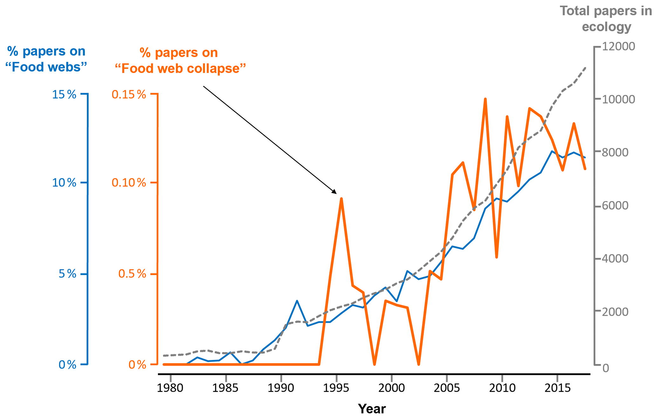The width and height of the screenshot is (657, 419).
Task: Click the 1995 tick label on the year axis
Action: coord(336,388)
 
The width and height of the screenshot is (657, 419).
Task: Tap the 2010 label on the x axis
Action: coord(502,388)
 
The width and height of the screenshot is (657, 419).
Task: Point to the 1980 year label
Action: coord(170,388)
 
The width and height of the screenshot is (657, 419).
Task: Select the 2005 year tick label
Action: coord(447,388)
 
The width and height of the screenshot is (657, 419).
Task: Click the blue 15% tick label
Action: coord(64,94)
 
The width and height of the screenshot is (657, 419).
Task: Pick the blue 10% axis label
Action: coord(64,183)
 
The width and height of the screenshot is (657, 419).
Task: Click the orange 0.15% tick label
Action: coord(129,94)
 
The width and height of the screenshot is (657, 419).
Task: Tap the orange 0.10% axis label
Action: coord(129,183)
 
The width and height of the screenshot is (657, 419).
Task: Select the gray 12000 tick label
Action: coord(619,47)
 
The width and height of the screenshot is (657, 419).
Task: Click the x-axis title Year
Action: coord(372,409)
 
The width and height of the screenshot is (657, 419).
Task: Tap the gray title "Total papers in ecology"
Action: coord(606,19)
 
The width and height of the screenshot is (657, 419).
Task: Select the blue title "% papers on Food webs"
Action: coord(46,59)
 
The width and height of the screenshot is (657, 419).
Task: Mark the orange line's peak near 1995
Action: coord(341,199)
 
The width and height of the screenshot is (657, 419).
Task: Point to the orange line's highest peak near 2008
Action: coord(485,99)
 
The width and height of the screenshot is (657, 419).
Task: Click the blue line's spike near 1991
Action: coord(297,301)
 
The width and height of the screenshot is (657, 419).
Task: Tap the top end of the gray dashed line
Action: coord(585,68)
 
